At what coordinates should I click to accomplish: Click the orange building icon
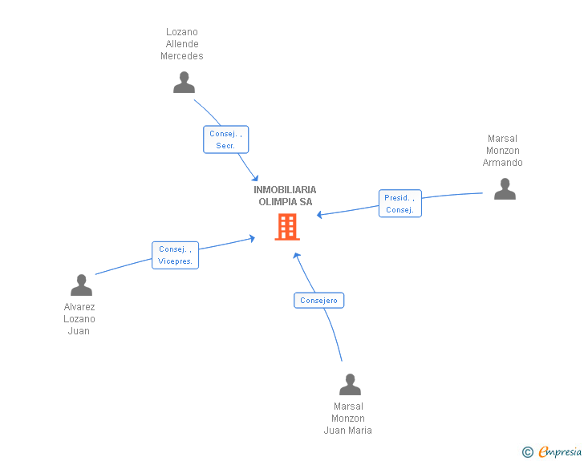tap(287, 226)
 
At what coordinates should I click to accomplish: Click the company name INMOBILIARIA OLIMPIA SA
tap(285, 196)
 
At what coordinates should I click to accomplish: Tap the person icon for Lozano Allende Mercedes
tap(184, 83)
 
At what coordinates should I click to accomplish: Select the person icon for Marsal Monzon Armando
tap(505, 188)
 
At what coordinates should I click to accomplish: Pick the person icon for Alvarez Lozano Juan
tap(81, 285)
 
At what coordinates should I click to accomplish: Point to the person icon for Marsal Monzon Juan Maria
tap(350, 384)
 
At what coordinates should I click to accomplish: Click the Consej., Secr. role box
tap(225, 140)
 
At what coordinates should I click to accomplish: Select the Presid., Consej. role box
tap(400, 204)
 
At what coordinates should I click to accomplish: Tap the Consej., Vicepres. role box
tap(175, 255)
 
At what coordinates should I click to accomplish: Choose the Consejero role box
tap(318, 301)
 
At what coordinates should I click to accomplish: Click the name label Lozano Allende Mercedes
tap(182, 44)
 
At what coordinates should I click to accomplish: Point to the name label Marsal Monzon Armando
tap(502, 151)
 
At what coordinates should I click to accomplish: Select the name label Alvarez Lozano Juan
tap(79, 319)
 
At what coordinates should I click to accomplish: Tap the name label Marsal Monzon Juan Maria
tap(348, 419)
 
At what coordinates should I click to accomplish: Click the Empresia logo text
tap(560, 451)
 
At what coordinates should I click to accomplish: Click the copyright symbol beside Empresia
tap(527, 452)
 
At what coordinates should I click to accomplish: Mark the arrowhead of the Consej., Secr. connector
tap(255, 178)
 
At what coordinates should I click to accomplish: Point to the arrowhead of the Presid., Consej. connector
tap(319, 215)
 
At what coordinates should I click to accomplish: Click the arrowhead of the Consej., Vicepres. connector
tap(252, 238)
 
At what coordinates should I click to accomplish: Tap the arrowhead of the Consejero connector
tap(297, 256)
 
